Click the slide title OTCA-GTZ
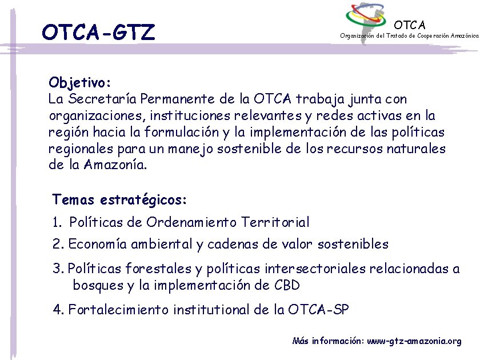pos(98,33)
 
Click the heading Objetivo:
pos(83,82)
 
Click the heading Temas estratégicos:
pos(119,200)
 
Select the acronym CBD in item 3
pos(287,285)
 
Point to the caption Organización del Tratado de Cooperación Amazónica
pos(409,35)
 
